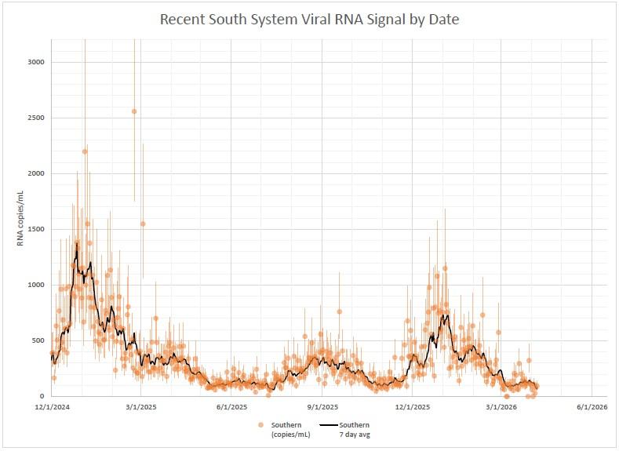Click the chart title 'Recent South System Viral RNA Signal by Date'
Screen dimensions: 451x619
click(309, 20)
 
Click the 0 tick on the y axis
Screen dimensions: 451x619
click(42, 396)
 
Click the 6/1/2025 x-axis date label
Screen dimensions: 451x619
click(232, 407)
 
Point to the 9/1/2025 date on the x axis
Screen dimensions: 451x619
click(322, 407)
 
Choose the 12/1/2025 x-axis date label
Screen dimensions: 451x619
click(413, 407)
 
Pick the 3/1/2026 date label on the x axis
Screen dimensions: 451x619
click(502, 407)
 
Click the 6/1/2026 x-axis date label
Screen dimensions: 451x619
click(592, 407)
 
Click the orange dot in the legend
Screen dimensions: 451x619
click(261, 424)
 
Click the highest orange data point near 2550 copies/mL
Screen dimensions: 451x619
click(134, 111)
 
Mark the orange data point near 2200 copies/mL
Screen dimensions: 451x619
click(85, 151)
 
